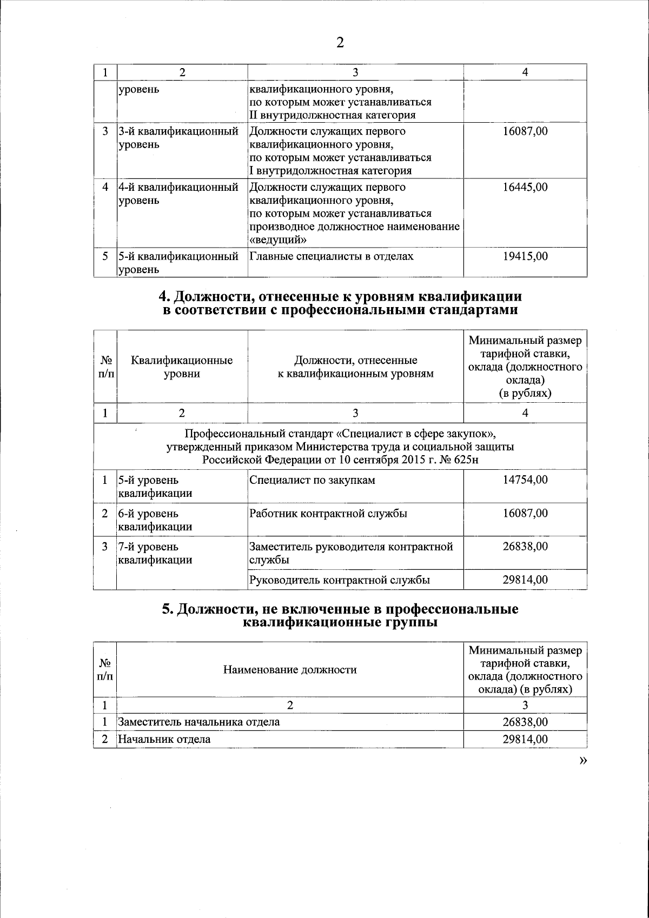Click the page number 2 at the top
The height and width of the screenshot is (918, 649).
coord(340,43)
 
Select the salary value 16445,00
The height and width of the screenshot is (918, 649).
coord(525,187)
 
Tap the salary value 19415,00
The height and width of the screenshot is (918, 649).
coord(525,256)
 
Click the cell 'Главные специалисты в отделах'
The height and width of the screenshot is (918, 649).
coord(331,256)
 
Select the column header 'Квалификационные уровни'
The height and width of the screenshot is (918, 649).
coord(182,367)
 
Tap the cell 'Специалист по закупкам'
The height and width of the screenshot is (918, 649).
coord(312,480)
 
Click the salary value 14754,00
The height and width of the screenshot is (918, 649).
coord(525,480)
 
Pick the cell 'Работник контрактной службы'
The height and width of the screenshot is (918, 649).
coord(328,514)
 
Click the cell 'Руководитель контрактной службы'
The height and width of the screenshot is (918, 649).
coord(340,580)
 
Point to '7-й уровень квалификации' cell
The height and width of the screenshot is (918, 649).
coord(155,553)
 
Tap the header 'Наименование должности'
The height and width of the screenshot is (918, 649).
coord(290,670)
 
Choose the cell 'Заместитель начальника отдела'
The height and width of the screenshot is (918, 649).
coord(199,722)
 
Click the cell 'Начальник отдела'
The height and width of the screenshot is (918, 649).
coord(164,739)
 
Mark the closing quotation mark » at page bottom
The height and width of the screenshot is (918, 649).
coord(582,760)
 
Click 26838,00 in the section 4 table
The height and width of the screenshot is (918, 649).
coord(525,547)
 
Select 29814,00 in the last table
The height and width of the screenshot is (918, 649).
coord(525,739)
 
